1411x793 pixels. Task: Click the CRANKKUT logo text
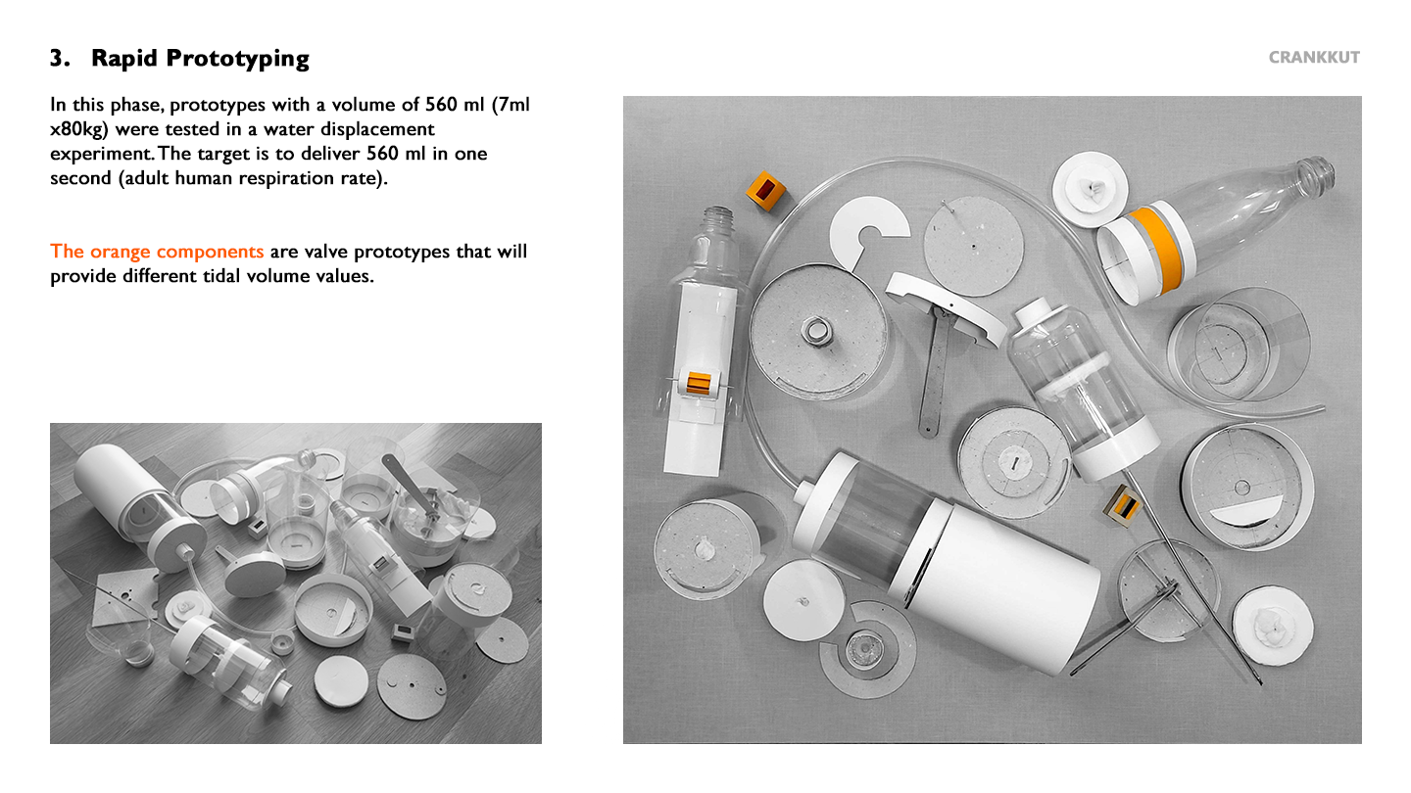click(x=1314, y=57)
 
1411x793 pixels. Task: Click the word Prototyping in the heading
click(x=237, y=59)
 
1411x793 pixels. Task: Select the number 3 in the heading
click(x=57, y=58)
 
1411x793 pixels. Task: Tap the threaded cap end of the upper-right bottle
click(x=1317, y=172)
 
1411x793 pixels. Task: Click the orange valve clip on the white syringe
click(x=699, y=383)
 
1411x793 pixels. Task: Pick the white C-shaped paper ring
click(x=866, y=230)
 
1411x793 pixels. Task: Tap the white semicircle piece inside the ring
click(x=1246, y=510)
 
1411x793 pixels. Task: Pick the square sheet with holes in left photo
click(x=124, y=595)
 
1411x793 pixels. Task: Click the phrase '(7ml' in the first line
click(x=511, y=105)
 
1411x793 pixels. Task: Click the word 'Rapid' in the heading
click(x=124, y=59)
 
